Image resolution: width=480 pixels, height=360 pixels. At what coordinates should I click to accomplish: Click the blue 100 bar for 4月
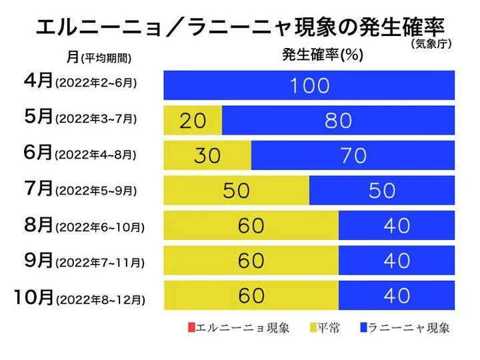click(x=309, y=85)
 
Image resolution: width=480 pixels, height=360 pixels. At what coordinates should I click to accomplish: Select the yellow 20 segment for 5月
click(x=193, y=121)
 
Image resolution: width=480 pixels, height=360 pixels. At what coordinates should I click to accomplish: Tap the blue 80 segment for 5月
click(x=338, y=121)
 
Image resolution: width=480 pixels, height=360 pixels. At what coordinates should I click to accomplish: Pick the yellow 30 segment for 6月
click(x=207, y=155)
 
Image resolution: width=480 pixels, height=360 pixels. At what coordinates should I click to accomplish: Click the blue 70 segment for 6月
click(x=353, y=155)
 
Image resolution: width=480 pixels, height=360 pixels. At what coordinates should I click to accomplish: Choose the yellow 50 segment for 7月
click(x=236, y=191)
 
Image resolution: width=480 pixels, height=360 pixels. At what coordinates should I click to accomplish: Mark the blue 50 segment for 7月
click(x=381, y=191)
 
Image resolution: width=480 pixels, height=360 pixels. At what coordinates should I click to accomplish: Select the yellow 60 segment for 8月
click(x=251, y=226)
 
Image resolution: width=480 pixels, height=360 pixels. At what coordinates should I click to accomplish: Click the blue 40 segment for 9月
click(x=396, y=261)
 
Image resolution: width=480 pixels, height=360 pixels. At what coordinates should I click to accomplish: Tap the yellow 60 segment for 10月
click(x=251, y=295)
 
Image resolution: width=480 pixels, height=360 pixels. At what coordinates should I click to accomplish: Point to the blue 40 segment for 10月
click(x=396, y=295)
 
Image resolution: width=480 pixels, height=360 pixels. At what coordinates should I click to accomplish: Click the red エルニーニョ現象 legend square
click(x=191, y=327)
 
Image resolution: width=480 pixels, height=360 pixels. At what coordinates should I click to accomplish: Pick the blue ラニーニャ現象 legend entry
click(x=403, y=327)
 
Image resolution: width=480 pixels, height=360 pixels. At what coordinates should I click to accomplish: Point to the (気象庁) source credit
click(x=430, y=45)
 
